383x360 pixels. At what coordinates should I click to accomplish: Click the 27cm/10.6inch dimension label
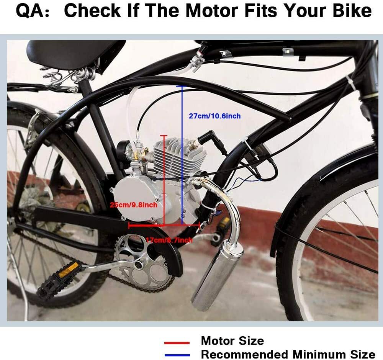click(214, 116)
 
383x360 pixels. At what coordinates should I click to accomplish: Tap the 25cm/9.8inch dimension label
click(133, 205)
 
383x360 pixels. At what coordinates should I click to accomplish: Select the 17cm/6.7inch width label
click(169, 240)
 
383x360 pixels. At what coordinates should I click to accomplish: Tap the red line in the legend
click(177, 343)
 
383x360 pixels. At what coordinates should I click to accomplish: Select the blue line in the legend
click(177, 355)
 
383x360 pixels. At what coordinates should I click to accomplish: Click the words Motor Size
click(232, 341)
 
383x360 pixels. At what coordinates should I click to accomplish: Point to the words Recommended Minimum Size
click(288, 354)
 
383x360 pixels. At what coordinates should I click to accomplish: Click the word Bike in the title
click(351, 11)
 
